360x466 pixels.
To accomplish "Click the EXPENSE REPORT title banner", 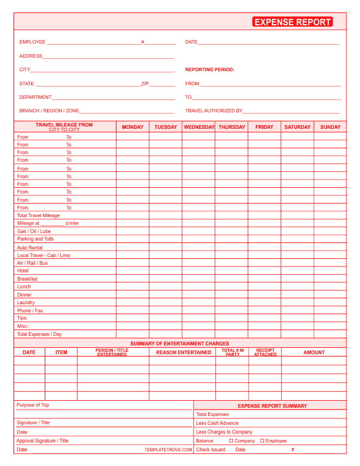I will (x=292, y=22).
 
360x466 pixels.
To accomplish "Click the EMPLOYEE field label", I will (x=32, y=42).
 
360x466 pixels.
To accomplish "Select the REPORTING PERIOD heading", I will (x=209, y=69).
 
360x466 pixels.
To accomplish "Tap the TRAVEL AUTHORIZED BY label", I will (x=214, y=111).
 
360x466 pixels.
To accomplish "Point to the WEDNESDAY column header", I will (x=199, y=127).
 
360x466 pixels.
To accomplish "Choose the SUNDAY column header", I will (x=330, y=127).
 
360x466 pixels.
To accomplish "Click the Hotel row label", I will (x=23, y=271).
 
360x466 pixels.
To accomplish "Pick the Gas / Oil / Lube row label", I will (x=34, y=231).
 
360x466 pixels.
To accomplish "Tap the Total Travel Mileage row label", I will (x=38, y=215).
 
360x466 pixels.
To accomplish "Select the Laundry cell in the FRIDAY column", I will (x=264, y=302).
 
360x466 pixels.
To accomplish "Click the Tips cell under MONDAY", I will (x=132, y=318).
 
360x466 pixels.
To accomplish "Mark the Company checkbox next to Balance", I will (x=232, y=441).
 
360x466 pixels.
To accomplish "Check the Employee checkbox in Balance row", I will (x=262, y=441).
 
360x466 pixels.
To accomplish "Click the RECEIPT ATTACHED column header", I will (x=265, y=352).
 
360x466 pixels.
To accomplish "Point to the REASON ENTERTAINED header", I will (x=184, y=352).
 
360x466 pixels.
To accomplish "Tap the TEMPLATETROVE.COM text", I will (x=168, y=450).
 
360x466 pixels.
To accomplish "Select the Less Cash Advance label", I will (x=217, y=423).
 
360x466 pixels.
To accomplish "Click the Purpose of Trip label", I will (x=33, y=405).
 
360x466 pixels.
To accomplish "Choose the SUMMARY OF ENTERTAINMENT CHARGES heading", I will (x=179, y=344).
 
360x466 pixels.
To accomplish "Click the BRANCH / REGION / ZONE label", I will (x=49, y=111).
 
